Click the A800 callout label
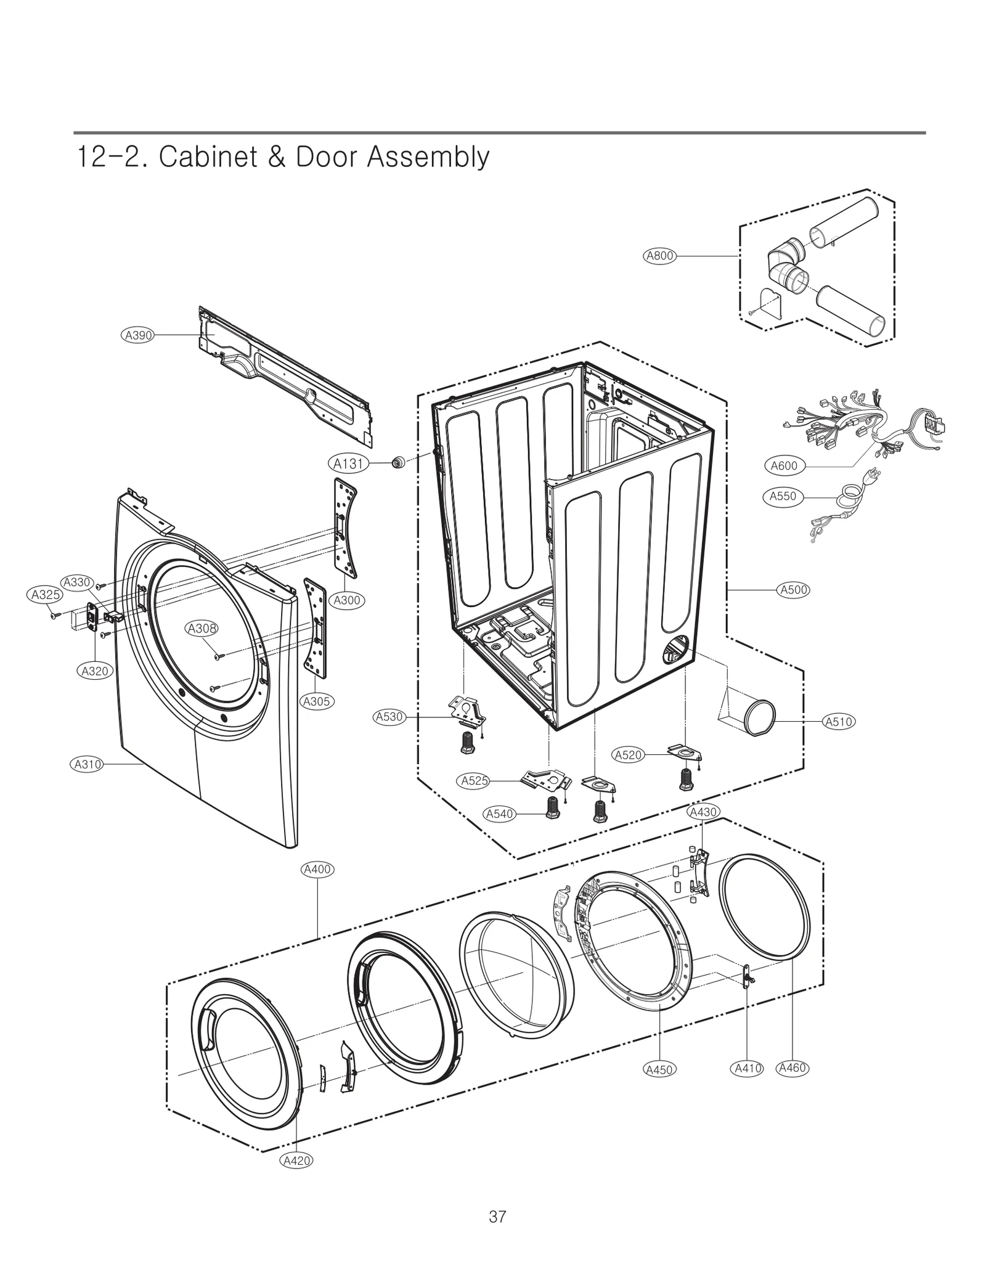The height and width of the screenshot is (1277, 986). point(659,256)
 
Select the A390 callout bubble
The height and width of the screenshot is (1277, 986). point(138,335)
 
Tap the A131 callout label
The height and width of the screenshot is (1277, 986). point(348,463)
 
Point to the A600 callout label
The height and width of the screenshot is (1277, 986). point(784,466)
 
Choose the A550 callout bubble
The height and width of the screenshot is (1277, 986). point(783,496)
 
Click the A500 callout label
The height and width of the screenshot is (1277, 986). point(794,590)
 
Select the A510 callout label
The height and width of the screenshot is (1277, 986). point(839,722)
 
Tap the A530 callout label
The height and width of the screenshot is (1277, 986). point(389,717)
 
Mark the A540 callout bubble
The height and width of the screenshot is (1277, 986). point(499,814)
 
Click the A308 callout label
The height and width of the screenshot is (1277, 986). point(202,629)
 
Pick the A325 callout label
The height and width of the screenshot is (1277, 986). point(46,595)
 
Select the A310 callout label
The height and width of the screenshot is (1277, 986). point(88,765)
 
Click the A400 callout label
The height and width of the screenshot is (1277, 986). point(317,870)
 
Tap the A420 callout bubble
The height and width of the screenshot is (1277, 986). point(296,1161)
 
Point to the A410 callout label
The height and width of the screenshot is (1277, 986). point(748,1068)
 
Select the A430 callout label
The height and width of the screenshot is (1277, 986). point(703,812)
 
